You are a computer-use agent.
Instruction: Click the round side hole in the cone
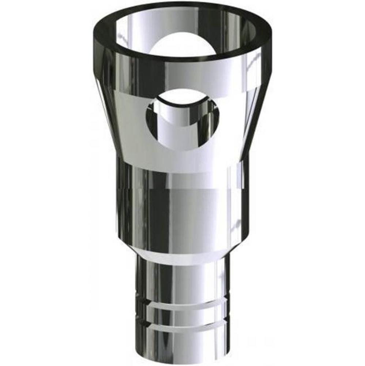click(183, 119)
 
